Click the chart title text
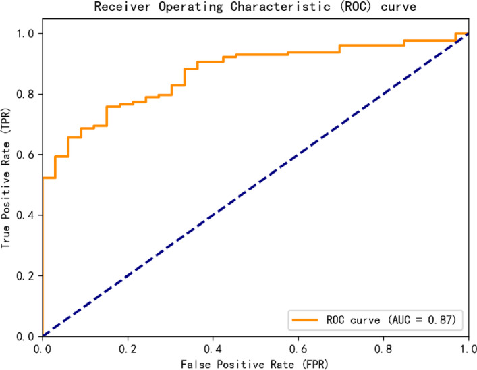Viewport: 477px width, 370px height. pyautogui.click(x=256, y=8)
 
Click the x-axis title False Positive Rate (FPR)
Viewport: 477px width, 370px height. pyautogui.click(x=255, y=364)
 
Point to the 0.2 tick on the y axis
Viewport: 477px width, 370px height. pyautogui.click(x=27, y=275)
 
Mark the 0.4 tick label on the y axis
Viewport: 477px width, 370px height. pyautogui.click(x=27, y=215)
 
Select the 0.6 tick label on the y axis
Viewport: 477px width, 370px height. pyautogui.click(x=27, y=155)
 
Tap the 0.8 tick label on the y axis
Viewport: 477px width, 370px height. pyautogui.click(x=27, y=94)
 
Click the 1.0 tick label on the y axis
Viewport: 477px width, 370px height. pyautogui.click(x=27, y=34)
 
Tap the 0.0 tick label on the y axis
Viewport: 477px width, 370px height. pyautogui.click(x=27, y=336)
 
